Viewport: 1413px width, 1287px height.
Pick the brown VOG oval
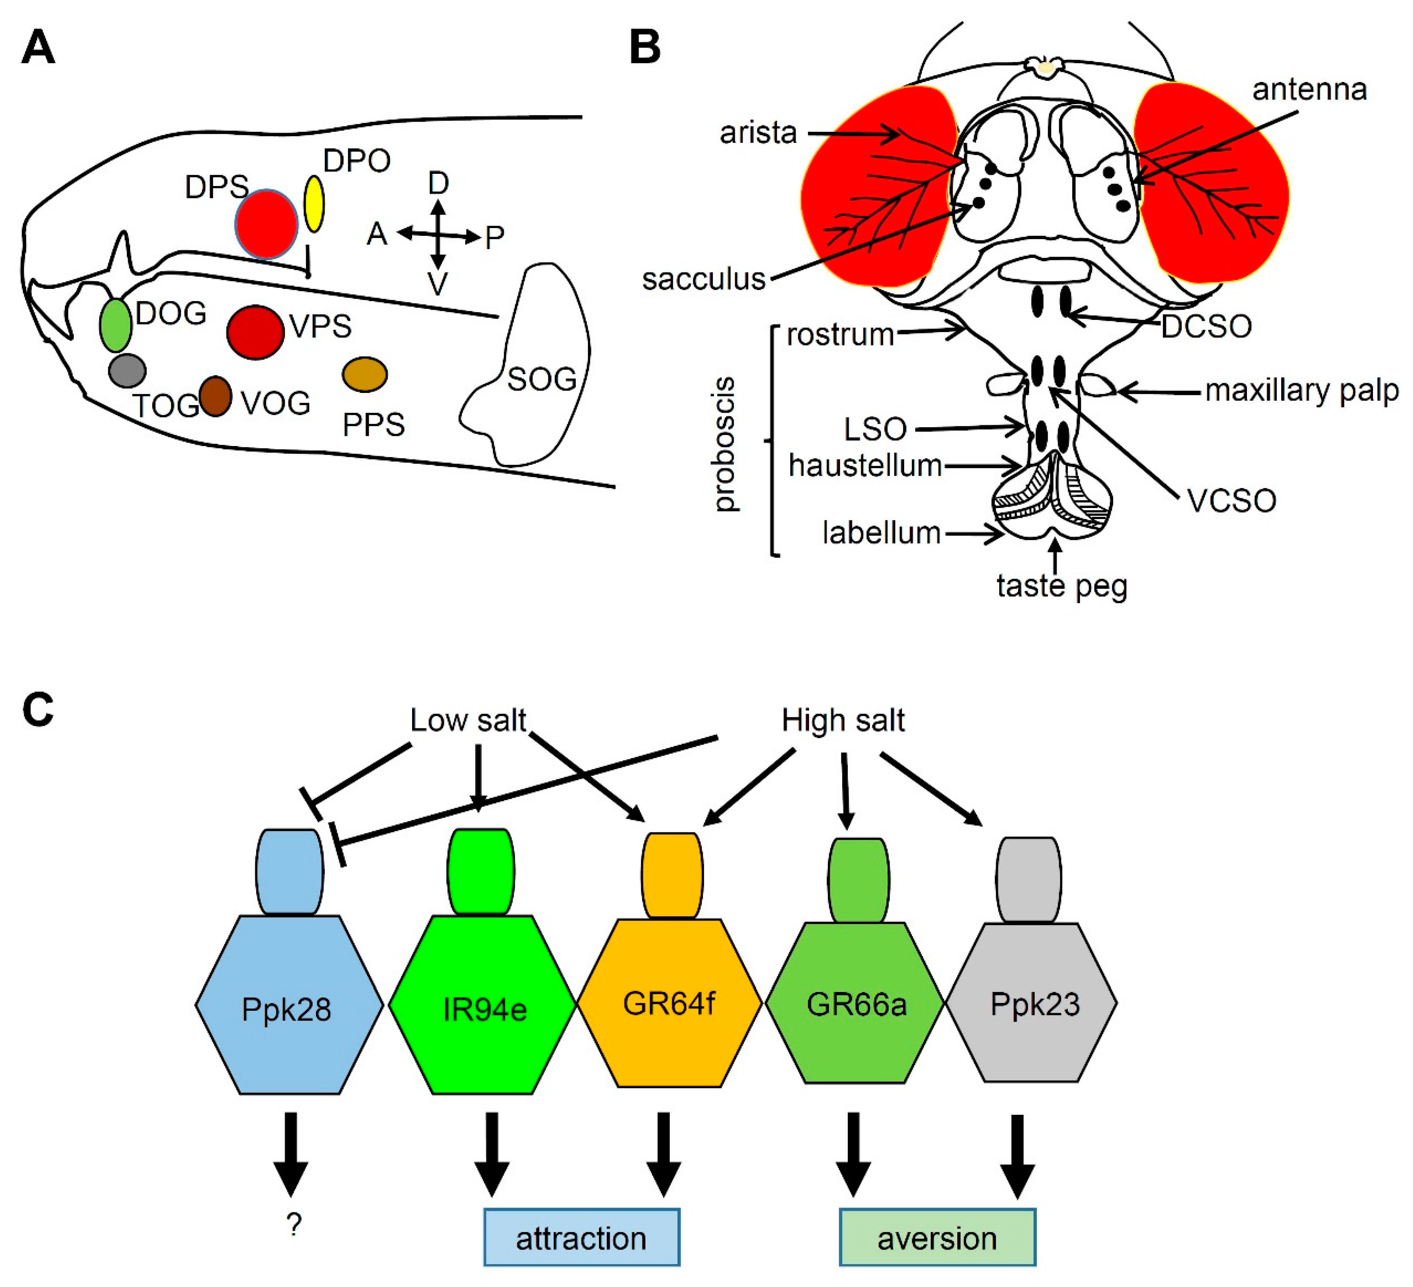(215, 397)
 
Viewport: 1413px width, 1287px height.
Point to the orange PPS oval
(364, 374)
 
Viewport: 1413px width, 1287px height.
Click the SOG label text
(542, 379)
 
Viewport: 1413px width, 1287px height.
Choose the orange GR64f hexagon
(669, 1003)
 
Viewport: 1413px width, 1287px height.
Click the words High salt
(843, 721)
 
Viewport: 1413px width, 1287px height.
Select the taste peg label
(1062, 586)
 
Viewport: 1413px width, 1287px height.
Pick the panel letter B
(645, 48)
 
